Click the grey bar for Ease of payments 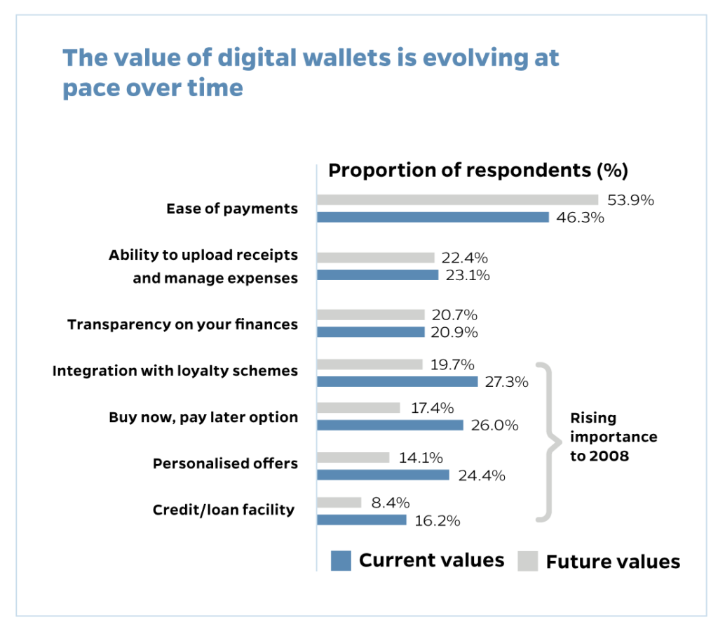(457, 200)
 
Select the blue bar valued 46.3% (433, 217)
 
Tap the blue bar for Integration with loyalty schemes (397, 381)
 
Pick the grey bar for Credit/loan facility (339, 503)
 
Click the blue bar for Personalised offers (383, 475)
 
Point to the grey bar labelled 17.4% (358, 407)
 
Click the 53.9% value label (630, 200)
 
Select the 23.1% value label (467, 275)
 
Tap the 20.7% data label (454, 315)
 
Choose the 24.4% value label (482, 475)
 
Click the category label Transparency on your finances (182, 324)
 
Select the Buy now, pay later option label (203, 417)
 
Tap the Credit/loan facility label (224, 510)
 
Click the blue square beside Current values (341, 561)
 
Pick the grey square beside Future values (527, 561)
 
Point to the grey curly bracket (548, 442)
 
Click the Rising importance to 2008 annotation (613, 437)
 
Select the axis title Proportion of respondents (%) (478, 170)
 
